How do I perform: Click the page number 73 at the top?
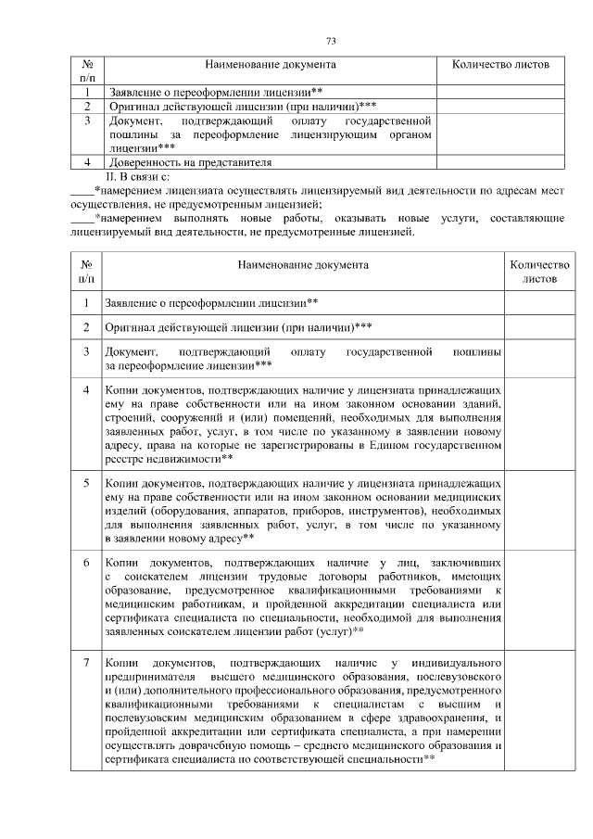[331, 40]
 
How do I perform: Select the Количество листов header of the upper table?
[499, 65]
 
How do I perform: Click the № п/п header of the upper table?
[86, 71]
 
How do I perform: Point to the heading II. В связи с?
[138, 174]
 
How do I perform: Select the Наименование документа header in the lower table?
[302, 265]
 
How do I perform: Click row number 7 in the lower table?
[86, 663]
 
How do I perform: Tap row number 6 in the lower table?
[86, 563]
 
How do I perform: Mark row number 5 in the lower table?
[86, 483]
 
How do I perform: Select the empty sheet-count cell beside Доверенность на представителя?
[499, 161]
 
